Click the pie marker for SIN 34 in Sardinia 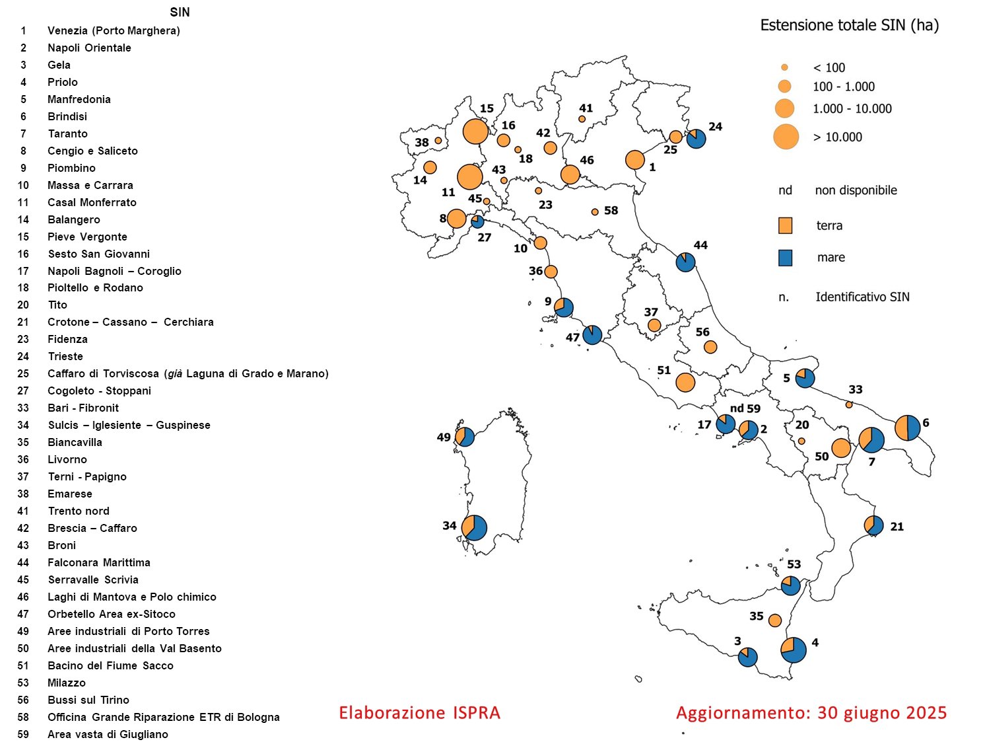[x=474, y=528]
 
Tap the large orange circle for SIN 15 [x=475, y=131]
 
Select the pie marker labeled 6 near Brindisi [x=908, y=428]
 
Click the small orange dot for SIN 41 [x=582, y=119]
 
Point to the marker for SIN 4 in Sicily [x=794, y=650]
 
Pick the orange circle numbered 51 [x=685, y=382]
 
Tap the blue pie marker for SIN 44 [x=686, y=262]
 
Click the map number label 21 [x=897, y=527]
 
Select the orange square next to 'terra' [x=785, y=225]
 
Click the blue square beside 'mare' [x=785, y=258]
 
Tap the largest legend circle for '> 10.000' [x=786, y=137]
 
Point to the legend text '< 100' [x=829, y=67]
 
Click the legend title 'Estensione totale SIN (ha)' [x=849, y=25]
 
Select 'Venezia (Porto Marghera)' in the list [x=114, y=30]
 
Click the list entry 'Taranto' [x=67, y=133]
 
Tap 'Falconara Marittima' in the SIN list [x=99, y=562]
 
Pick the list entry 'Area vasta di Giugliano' [x=108, y=734]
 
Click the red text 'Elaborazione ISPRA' [x=419, y=713]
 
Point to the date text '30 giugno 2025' [x=882, y=713]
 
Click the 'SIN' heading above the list [x=180, y=13]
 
